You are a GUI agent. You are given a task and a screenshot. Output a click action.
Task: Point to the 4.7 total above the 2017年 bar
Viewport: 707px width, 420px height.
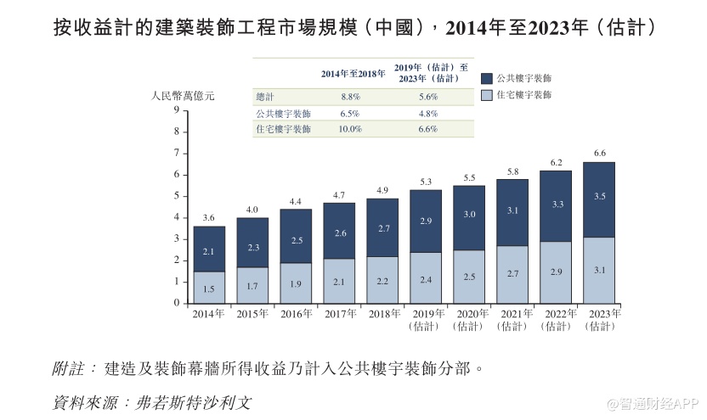tap(338, 194)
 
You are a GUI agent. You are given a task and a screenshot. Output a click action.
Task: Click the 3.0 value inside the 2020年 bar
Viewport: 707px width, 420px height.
tap(469, 215)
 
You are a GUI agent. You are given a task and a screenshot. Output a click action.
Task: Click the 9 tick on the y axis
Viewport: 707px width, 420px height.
tap(176, 110)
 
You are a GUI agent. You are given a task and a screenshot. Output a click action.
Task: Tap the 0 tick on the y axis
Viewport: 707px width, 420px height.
tap(176, 303)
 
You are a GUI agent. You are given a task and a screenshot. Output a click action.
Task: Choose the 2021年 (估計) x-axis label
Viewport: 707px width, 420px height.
tap(513, 320)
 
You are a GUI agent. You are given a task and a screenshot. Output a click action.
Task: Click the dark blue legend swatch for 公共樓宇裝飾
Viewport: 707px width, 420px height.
tap(487, 76)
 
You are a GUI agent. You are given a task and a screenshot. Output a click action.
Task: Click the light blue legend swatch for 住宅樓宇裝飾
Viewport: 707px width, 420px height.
tap(487, 95)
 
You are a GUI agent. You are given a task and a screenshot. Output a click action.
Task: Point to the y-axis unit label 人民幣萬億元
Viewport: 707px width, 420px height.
tap(183, 95)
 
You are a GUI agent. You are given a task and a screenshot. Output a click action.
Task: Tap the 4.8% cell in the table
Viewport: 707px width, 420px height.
tap(427, 114)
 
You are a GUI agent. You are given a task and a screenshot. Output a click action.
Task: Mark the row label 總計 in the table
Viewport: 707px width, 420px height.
tap(266, 98)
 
